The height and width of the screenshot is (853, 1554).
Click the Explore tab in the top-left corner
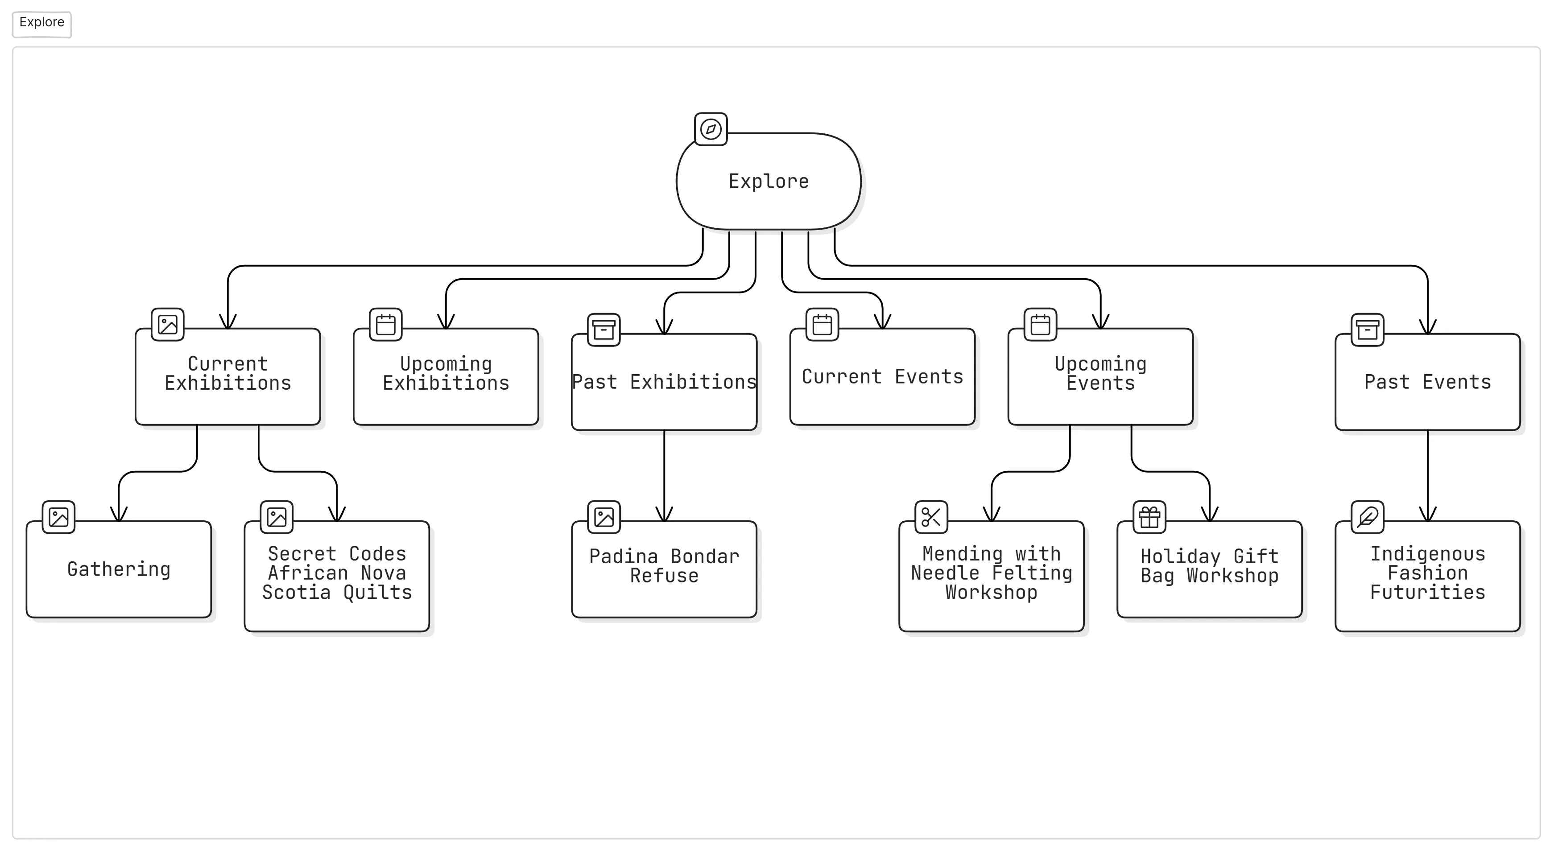[41, 24]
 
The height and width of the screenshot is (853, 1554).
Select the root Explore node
[769, 181]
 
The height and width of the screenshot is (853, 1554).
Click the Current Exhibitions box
[227, 376]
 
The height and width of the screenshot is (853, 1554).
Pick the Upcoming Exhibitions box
[446, 376]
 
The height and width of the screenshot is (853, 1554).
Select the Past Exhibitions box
[664, 382]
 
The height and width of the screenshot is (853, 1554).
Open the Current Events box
[883, 376]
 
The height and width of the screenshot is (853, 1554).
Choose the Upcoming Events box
[1100, 376]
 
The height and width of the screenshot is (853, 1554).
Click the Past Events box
[1427, 382]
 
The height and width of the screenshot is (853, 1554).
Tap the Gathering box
[119, 569]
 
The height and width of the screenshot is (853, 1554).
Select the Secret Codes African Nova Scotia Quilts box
[337, 576]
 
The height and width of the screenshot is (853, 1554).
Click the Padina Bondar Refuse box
[664, 569]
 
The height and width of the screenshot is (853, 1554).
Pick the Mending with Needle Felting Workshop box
[991, 576]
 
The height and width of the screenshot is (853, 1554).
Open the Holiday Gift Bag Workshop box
[1210, 569]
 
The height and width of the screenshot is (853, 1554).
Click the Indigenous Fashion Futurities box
[1427, 576]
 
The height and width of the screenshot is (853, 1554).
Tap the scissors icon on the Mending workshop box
[931, 517]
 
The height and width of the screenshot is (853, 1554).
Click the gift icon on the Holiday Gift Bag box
[1149, 517]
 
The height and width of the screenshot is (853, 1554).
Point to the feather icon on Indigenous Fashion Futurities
[1368, 517]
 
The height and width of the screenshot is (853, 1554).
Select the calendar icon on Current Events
[822, 325]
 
